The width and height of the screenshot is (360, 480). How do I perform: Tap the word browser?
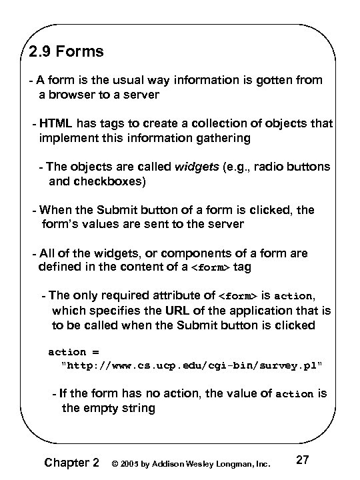coord(70,95)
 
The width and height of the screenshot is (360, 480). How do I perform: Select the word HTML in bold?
coord(56,123)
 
